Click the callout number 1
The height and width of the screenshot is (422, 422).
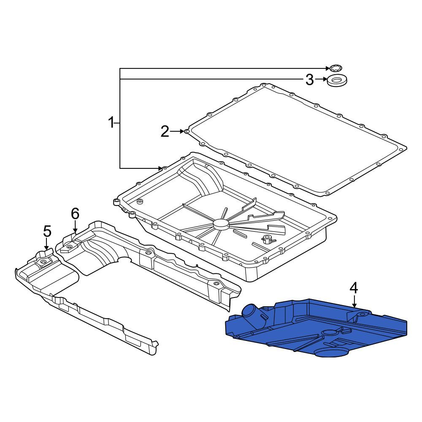click(111, 123)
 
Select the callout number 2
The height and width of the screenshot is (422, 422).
click(165, 132)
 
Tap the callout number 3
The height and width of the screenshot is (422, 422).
click(309, 80)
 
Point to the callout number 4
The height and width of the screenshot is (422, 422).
click(354, 288)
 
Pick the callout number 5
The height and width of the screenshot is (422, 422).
click(47, 231)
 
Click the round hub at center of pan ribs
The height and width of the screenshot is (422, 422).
click(221, 224)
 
